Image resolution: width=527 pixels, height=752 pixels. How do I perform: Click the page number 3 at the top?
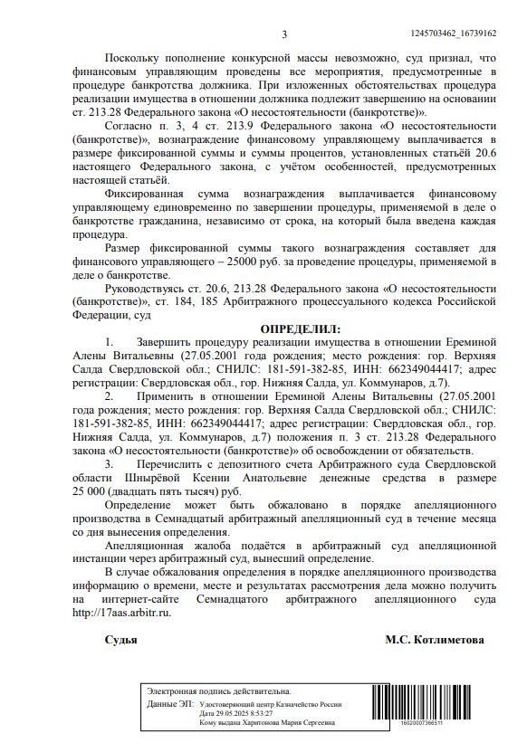point(283,34)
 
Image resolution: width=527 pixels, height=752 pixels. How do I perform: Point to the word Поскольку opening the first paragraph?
point(136,57)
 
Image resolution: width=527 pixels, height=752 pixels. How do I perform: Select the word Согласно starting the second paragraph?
point(132,128)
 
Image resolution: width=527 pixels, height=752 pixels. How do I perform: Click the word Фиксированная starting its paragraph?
point(145,194)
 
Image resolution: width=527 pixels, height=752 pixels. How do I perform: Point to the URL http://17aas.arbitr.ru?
point(121,612)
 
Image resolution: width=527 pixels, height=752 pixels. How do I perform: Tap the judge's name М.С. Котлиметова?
point(435,640)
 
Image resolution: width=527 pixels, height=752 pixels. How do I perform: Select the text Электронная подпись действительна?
point(218,691)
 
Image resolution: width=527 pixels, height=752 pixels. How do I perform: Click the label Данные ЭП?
point(170,703)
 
